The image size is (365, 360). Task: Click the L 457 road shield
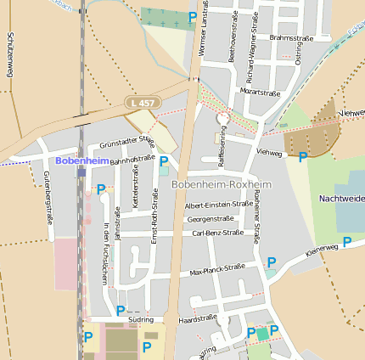143,102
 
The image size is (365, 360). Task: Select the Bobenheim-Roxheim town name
221,184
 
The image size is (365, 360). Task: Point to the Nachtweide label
341,198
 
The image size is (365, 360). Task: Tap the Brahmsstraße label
290,38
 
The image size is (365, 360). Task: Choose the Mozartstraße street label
260,89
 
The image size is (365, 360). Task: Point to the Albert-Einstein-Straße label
218,205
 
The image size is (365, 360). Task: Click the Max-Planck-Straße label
217,269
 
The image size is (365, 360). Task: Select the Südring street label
141,319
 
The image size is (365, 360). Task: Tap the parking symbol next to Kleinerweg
347,242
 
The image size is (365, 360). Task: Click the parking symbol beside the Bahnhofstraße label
164,160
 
